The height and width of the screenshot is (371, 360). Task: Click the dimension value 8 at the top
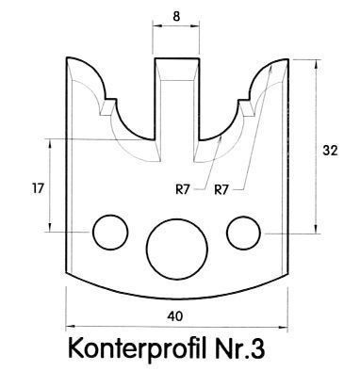tap(176, 16)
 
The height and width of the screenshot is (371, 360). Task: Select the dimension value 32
tap(330, 151)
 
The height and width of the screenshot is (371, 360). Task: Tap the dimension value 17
tap(38, 189)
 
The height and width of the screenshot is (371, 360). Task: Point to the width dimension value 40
tap(175, 316)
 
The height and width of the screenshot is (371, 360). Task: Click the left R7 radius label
tap(183, 189)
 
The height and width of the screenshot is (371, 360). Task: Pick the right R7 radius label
tap(221, 190)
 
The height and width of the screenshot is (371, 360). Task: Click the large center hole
tap(177, 250)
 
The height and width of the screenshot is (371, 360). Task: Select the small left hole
tap(110, 233)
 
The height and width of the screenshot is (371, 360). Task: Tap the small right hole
tap(243, 234)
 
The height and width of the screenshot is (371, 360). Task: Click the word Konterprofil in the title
tap(135, 348)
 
